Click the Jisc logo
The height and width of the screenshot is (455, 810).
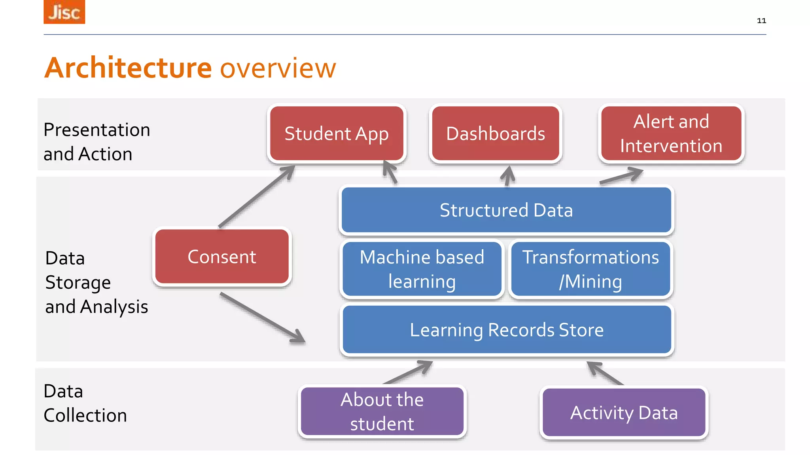coord(64,12)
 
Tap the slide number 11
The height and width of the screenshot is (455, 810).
coord(761,21)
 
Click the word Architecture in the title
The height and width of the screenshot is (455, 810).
coord(128,68)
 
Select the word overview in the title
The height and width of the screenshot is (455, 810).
coord(278,68)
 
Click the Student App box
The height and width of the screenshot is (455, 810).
coord(337,133)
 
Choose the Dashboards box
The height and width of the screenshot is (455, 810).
coord(496,133)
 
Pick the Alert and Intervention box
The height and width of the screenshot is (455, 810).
coord(671,133)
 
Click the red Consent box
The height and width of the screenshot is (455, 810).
coord(222,257)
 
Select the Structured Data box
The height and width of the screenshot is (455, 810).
coord(506,210)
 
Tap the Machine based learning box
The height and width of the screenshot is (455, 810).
coord(422,269)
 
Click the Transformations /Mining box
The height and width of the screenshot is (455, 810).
coord(590,269)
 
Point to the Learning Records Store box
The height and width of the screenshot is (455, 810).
coord(507,330)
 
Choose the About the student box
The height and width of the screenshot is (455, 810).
coord(382,412)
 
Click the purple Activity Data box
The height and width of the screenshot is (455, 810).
coord(624,413)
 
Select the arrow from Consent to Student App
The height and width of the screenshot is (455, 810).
coord(256,196)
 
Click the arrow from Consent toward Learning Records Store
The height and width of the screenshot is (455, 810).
coord(262,317)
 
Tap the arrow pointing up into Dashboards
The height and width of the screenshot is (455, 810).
coord(508,176)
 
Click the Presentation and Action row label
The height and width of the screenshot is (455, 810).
coord(97,141)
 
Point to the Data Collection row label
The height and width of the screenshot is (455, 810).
coord(85,403)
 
